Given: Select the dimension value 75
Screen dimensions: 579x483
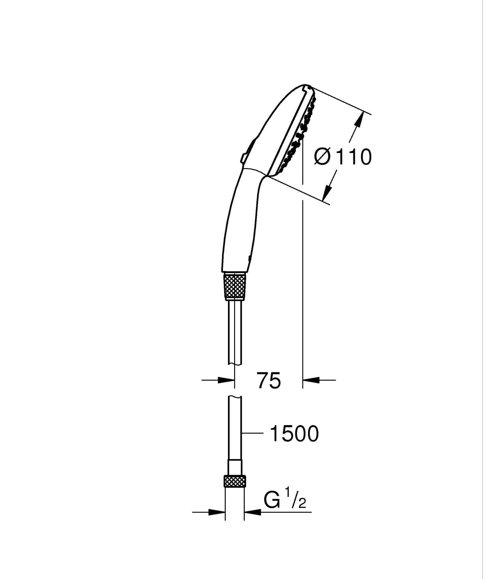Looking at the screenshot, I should click(269, 380).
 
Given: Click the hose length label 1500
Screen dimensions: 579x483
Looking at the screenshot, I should click(294, 434).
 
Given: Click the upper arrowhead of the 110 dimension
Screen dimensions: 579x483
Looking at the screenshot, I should click(360, 119).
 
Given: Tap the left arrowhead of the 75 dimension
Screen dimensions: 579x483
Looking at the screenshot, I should click(226, 380).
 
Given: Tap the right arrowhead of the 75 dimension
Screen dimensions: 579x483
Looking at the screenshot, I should click(311, 380).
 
